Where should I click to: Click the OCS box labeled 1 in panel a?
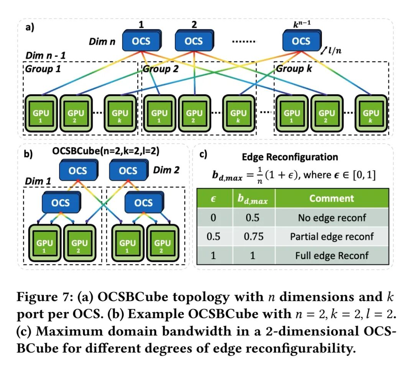(x=140, y=41)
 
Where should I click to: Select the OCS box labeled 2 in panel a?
(x=193, y=41)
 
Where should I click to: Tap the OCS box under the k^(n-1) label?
(x=301, y=41)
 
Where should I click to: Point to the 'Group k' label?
(x=293, y=69)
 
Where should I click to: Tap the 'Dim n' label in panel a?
(x=102, y=41)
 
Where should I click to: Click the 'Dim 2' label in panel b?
(x=166, y=170)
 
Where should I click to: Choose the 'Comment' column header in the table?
(x=332, y=198)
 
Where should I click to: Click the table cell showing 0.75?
(x=254, y=236)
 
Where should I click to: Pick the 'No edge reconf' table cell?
(x=332, y=217)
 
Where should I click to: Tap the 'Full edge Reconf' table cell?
(x=332, y=255)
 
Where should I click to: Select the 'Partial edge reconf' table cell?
(x=332, y=236)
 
